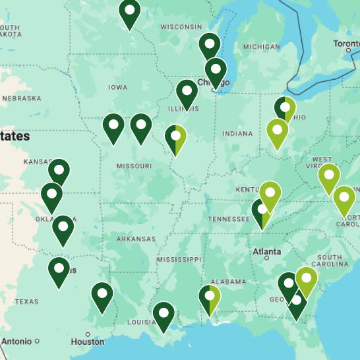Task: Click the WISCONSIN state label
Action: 181,27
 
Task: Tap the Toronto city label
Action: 346,44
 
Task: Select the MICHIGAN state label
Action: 261,47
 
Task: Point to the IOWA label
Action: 118,87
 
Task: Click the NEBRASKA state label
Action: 21,98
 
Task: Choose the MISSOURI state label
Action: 135,166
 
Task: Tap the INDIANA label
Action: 237,134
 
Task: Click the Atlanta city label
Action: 266,252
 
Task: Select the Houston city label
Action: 88,342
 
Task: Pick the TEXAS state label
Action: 26,301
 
